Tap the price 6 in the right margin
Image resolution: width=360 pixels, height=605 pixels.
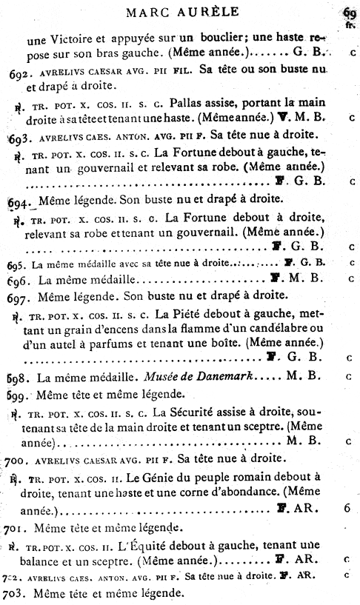click(x=347, y=509)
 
